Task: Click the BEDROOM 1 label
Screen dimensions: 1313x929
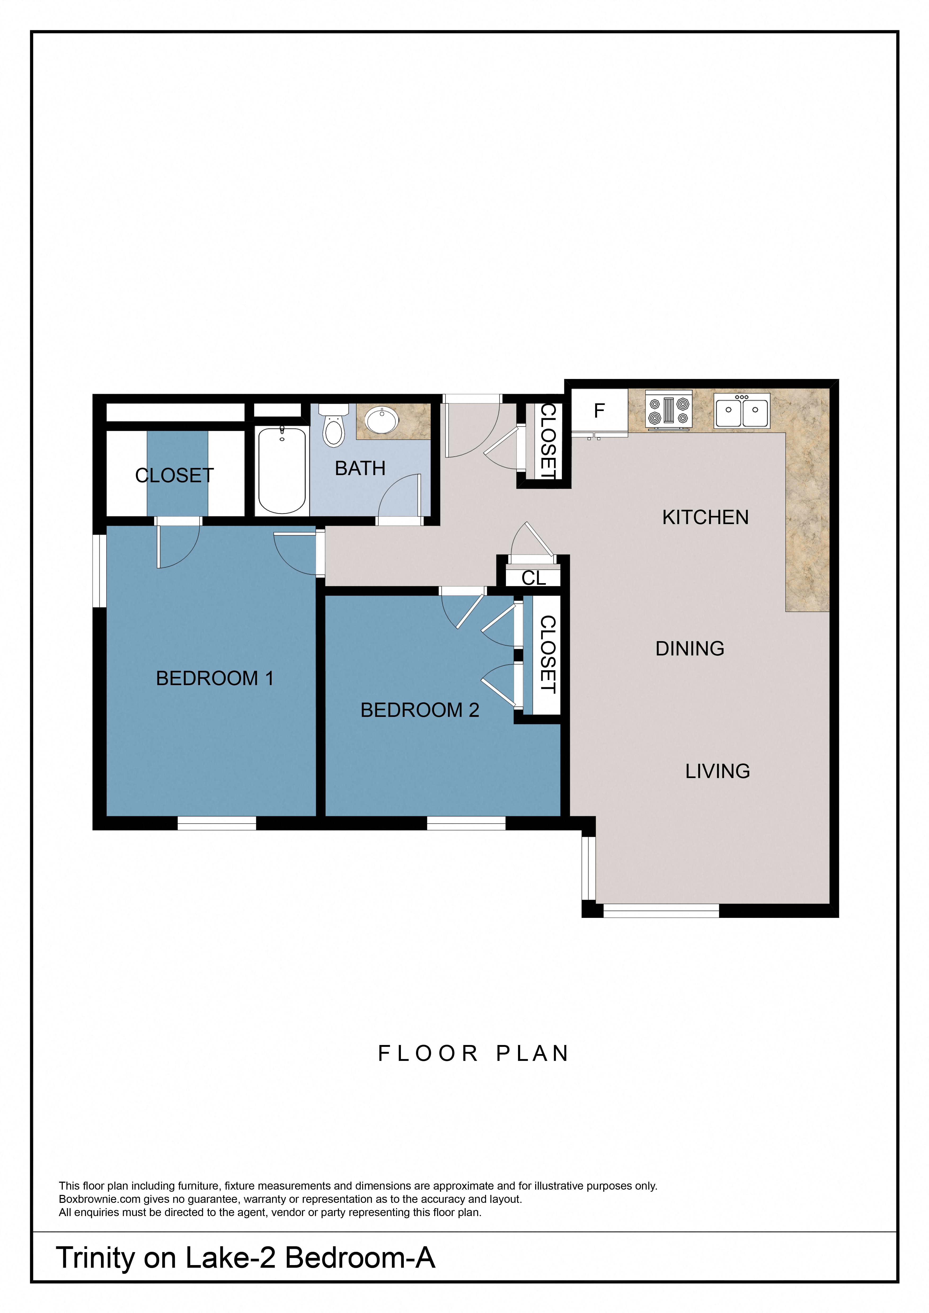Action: click(215, 678)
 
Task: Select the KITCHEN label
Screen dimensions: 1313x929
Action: click(705, 517)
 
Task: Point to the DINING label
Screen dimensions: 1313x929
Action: click(689, 649)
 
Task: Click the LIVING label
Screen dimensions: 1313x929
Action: click(717, 771)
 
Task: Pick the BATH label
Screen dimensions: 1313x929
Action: click(360, 468)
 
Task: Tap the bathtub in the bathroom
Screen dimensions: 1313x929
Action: click(281, 470)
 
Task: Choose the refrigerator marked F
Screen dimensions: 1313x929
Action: click(599, 410)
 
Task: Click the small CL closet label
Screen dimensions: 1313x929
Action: click(533, 578)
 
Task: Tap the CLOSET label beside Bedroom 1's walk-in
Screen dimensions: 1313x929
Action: click(174, 475)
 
